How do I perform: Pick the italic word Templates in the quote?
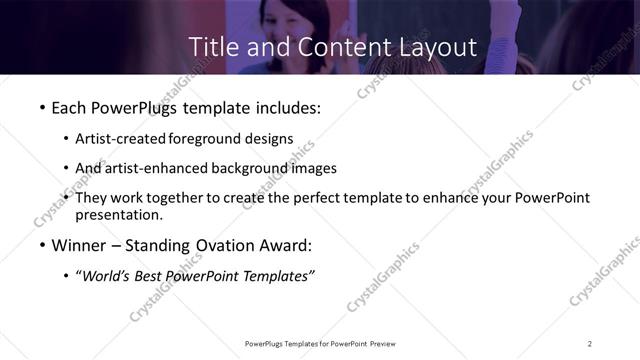click(275, 276)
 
